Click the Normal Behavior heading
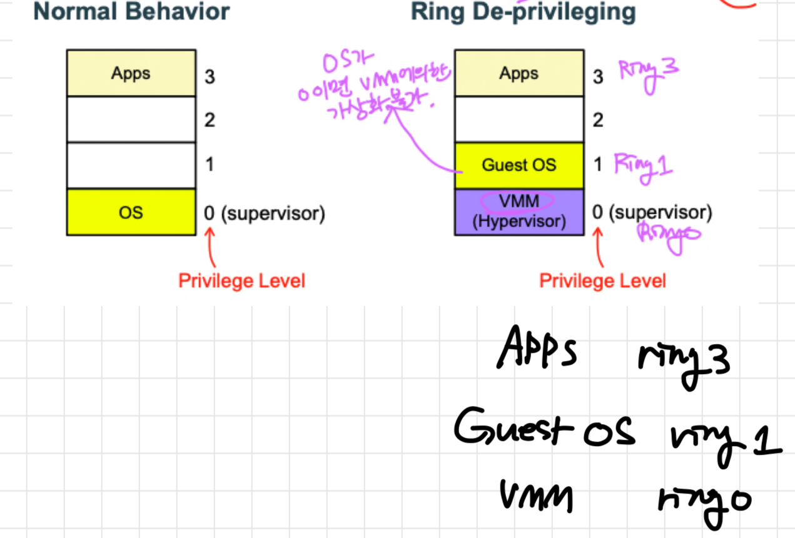click(131, 11)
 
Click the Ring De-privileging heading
click(523, 11)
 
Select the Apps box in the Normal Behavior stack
click(131, 73)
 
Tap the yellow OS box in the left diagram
click(131, 212)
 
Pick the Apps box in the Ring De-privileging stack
click(519, 73)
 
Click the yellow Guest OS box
click(519, 166)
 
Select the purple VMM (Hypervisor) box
click(519, 211)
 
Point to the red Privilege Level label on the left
click(241, 281)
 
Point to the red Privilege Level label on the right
click(602, 281)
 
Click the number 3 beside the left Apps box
click(210, 76)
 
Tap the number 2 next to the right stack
click(598, 120)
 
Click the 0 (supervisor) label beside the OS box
click(264, 214)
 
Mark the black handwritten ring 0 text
click(703, 501)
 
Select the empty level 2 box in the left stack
click(131, 119)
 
